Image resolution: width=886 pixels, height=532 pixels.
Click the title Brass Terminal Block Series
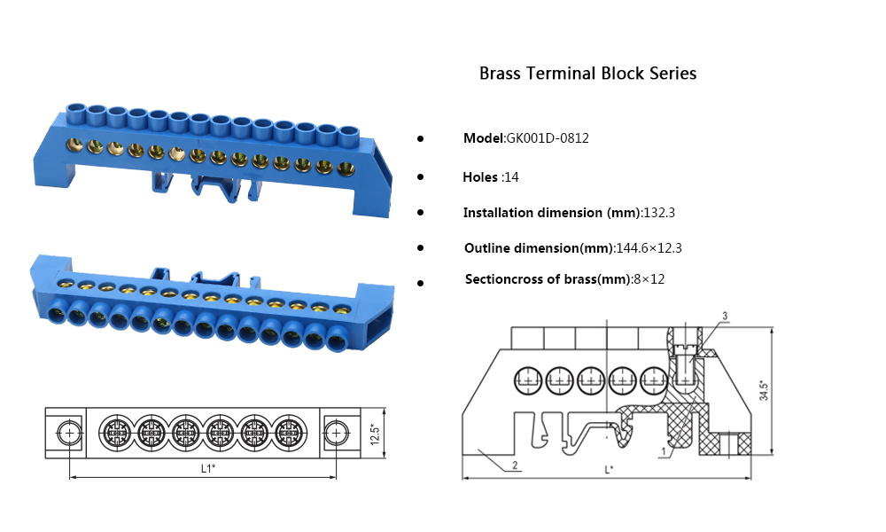(587, 74)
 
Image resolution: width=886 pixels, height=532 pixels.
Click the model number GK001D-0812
(548, 138)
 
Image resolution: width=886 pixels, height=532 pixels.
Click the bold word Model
(483, 138)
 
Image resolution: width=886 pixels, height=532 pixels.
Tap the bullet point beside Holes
(420, 177)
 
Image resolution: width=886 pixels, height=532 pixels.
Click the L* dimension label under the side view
(609, 469)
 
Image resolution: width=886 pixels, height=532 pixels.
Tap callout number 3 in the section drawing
(725, 317)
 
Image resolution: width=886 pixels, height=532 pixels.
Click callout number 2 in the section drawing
(514, 465)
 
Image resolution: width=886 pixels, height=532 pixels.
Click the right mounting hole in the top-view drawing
(336, 433)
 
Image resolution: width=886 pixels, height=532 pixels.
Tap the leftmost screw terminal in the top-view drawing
(115, 433)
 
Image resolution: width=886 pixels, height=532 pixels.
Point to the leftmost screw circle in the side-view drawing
(529, 379)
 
